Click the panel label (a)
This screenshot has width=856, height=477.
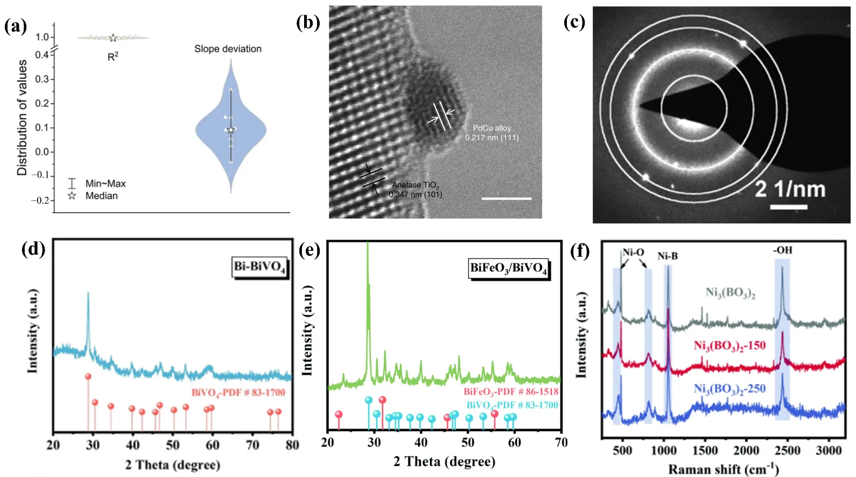tap(16, 26)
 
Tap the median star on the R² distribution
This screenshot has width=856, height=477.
tap(113, 38)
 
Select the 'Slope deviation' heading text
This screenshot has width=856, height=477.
tap(228, 49)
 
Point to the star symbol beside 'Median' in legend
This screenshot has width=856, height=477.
tap(72, 196)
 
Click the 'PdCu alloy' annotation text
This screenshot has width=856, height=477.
tap(492, 128)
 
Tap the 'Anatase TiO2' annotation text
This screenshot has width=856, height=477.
tap(415, 185)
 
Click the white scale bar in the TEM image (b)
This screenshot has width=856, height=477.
tap(506, 198)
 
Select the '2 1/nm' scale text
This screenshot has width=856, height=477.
tap(789, 189)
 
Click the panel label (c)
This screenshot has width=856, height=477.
tap(574, 22)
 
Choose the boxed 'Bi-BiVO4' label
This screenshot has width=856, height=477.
tap(260, 267)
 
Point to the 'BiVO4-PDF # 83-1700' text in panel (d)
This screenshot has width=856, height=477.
tap(238, 393)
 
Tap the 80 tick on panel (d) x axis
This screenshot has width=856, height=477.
tap(292, 445)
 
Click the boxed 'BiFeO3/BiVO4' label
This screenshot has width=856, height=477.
tap(508, 268)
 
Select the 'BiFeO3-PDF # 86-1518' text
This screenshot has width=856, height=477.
tap(511, 392)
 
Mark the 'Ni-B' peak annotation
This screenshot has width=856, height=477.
tap(667, 256)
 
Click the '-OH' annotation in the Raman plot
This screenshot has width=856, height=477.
tap(782, 250)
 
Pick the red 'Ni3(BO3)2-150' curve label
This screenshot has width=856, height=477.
tap(729, 345)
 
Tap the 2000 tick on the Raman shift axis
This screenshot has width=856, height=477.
tap(746, 450)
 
